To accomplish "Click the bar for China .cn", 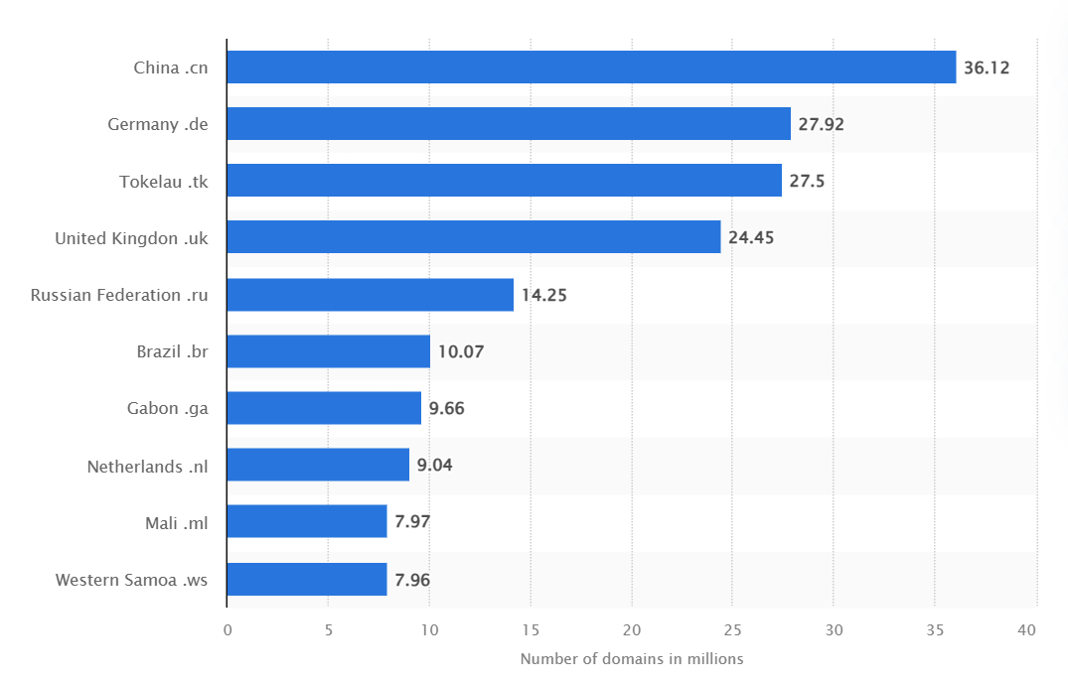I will coord(591,68).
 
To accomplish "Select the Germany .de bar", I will coord(509,124).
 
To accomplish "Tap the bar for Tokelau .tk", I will coord(504,181).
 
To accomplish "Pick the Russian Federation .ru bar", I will coord(371,295).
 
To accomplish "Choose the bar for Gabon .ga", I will coord(324,408).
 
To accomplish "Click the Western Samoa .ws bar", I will coord(307,579).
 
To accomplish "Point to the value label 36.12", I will coord(987,68).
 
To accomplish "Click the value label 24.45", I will coord(751,238).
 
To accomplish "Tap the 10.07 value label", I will coord(461,351).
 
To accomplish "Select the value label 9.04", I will coord(435,465).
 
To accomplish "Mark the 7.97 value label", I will coord(412,522).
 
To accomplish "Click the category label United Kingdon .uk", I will coord(131,238).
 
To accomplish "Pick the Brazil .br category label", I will coord(173,351).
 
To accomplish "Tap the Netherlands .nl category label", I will coord(148,466).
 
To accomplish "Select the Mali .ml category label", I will coord(177,522).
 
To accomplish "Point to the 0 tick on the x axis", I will coord(228,630).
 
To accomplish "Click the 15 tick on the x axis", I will coord(531,630).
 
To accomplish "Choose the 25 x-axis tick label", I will coord(732,630).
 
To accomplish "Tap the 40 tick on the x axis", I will coord(1027,630).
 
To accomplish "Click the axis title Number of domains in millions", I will coord(632,659).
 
